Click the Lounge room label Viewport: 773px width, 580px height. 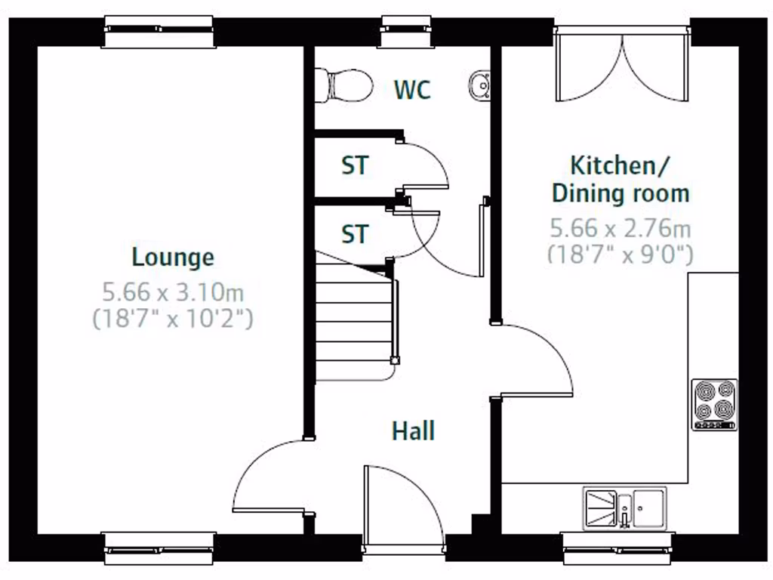173,258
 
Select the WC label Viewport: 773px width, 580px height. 412,90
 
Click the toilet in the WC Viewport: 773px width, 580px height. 344,84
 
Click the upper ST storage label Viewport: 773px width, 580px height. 355,165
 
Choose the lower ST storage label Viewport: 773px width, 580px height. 355,235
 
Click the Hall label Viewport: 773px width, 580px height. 413,431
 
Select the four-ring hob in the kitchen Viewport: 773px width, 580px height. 714,405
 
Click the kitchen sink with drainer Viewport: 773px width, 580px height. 624,506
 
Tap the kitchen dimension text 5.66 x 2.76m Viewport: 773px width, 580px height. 620,227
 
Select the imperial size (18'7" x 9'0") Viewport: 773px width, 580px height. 620,254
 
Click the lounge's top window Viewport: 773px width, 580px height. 159,32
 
